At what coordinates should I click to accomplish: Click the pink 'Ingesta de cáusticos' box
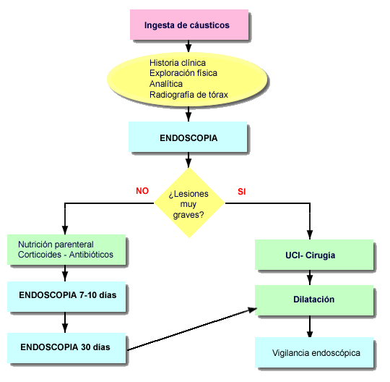(x=189, y=25)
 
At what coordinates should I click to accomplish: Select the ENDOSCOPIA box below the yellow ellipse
(x=188, y=137)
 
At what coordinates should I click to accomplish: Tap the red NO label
(x=142, y=191)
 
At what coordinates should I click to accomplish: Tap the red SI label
(x=242, y=192)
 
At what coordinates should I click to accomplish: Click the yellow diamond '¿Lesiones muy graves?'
(x=189, y=203)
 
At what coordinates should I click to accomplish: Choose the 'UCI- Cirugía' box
(x=314, y=255)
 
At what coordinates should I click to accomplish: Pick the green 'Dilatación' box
(x=314, y=300)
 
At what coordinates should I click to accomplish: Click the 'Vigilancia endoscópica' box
(x=314, y=352)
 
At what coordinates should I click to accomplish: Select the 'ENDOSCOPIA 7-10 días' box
(x=66, y=297)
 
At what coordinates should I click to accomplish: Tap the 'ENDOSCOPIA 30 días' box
(x=66, y=348)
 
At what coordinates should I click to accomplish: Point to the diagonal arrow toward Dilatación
(x=192, y=329)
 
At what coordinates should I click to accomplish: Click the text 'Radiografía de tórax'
(x=188, y=95)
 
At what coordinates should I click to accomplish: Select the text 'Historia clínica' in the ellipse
(x=178, y=62)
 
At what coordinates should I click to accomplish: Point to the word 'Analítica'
(x=166, y=84)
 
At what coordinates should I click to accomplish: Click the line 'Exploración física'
(x=183, y=73)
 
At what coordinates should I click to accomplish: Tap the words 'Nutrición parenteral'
(x=56, y=245)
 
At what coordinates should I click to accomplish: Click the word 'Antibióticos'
(x=91, y=255)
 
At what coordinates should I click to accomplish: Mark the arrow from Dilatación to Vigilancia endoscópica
(x=310, y=326)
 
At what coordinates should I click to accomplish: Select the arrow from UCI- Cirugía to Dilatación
(x=310, y=277)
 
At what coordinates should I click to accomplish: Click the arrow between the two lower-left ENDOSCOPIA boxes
(x=65, y=322)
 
